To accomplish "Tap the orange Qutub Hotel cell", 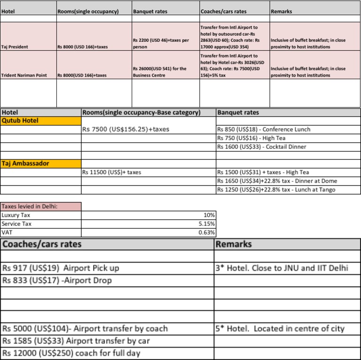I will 41,121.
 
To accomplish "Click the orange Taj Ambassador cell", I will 41,164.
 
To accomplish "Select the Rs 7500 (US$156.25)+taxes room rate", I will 126,129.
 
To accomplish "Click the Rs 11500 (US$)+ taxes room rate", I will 111,172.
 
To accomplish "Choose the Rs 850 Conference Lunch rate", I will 263,129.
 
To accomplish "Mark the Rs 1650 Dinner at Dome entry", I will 276,181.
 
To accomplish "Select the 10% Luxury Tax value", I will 209,215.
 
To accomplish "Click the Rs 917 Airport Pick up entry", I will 61,268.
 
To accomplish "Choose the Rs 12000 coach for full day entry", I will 71,353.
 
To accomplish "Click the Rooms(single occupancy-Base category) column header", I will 141,113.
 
